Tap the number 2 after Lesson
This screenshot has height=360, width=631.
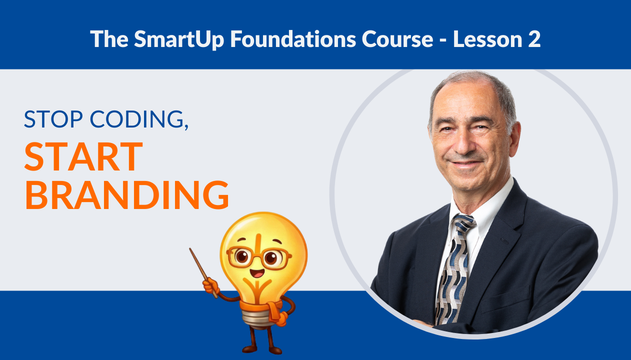point(533,39)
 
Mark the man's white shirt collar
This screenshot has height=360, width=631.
point(480,205)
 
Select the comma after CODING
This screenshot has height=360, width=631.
point(185,127)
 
